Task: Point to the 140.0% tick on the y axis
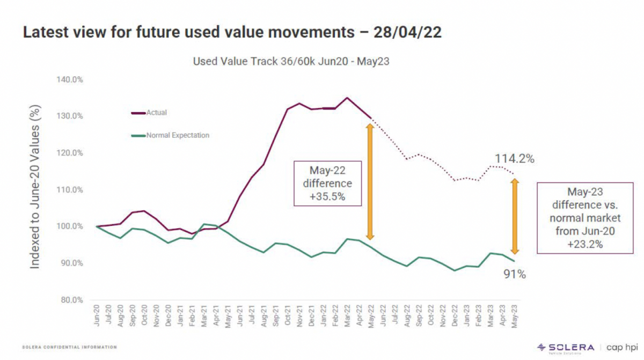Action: pos(70,79)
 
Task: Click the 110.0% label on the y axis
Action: pos(70,189)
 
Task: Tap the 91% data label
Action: pos(515,275)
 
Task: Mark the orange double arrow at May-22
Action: pos(370,181)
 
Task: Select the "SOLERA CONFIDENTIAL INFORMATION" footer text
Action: pos(69,347)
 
